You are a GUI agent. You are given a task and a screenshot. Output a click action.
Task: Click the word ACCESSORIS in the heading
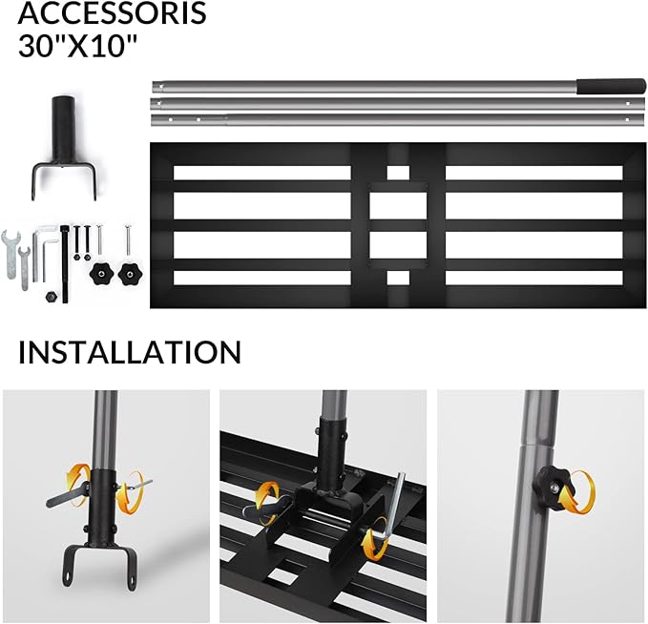(x=112, y=12)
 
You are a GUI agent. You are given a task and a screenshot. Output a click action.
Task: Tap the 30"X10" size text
(x=77, y=45)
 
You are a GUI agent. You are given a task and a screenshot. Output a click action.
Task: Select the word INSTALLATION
(x=130, y=352)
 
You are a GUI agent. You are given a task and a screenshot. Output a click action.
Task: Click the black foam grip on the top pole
(x=611, y=87)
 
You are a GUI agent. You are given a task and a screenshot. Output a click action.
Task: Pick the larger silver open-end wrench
(x=10, y=254)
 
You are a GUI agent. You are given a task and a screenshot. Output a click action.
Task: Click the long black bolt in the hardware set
(x=65, y=263)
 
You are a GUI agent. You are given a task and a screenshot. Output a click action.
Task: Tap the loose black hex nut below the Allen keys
(x=51, y=297)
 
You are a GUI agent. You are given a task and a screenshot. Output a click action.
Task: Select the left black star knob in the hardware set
(x=101, y=273)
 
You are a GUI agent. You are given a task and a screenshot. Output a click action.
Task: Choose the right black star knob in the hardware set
(x=131, y=273)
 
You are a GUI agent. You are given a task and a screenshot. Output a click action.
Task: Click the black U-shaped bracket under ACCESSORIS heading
(x=64, y=148)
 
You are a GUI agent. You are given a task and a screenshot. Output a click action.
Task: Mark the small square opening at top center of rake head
(x=398, y=173)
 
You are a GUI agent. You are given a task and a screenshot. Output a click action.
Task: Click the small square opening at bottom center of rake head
(x=398, y=278)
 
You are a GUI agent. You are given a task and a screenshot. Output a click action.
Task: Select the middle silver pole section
(x=398, y=103)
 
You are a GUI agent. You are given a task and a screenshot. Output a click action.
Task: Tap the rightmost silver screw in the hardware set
(x=128, y=239)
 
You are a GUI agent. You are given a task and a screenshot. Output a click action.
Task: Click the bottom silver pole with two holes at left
(x=398, y=120)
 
